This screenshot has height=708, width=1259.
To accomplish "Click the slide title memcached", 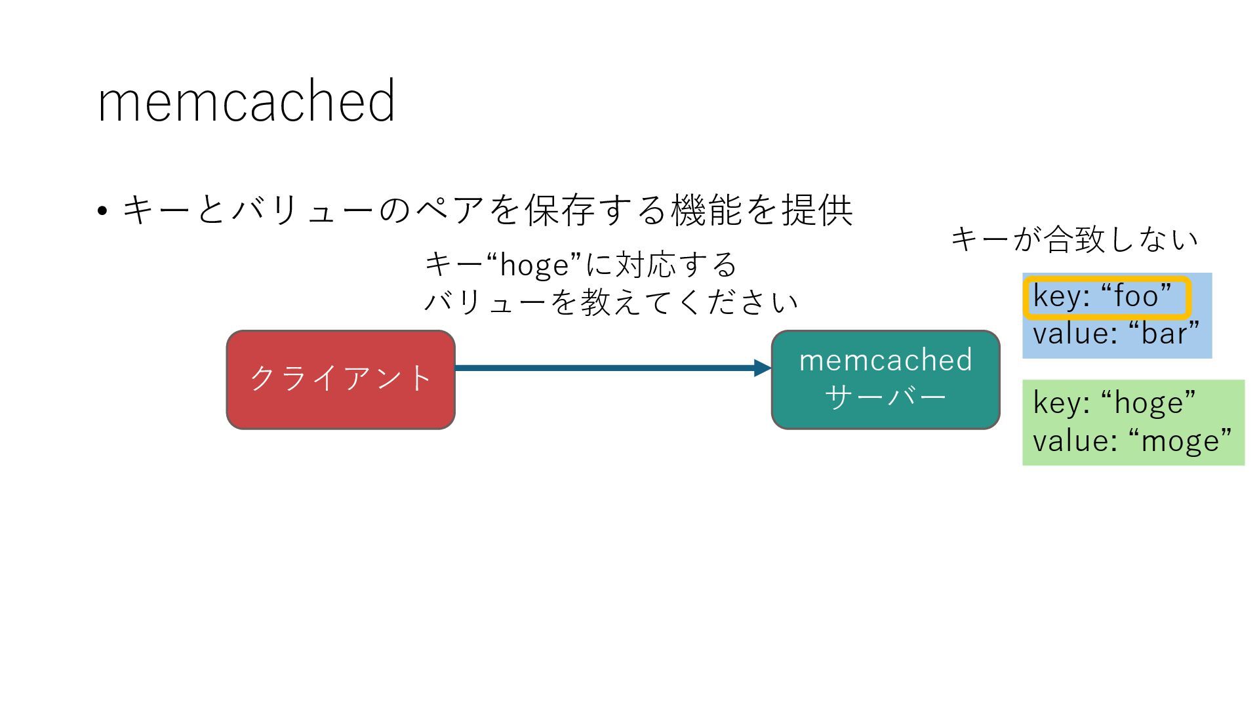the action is [246, 102].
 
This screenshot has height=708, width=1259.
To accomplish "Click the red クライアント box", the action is [340, 380].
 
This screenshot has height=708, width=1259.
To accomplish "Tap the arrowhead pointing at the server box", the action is [763, 368].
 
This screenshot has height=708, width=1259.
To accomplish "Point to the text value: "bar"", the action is [1115, 334].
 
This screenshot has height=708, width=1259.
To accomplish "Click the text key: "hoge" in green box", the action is [1114, 402].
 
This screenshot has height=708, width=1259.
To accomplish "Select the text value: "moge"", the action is [1132, 441].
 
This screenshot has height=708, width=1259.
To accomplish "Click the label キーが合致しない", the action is [1074, 239].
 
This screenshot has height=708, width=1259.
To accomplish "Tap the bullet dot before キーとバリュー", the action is [102, 212].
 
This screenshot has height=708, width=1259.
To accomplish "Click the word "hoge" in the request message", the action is [534, 265].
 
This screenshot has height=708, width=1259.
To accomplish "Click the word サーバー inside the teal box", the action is [885, 397].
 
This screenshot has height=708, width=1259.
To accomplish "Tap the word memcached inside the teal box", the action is [885, 361].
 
